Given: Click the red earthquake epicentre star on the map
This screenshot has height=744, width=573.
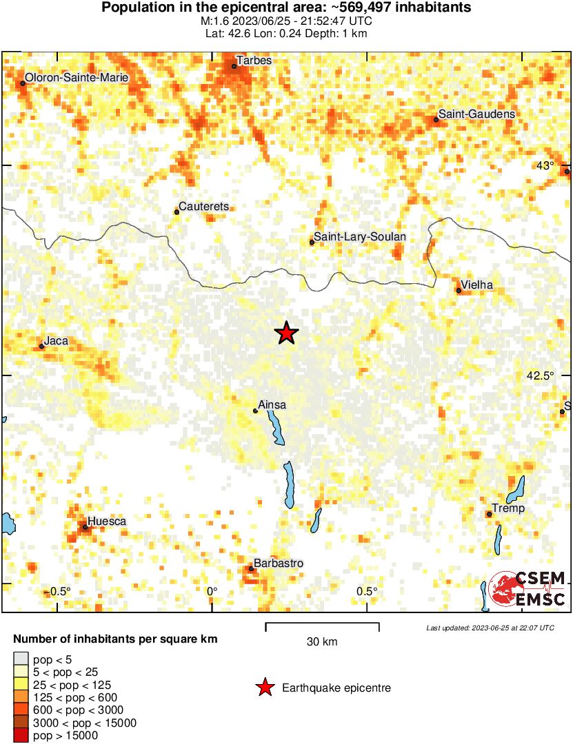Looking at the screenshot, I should [286, 333].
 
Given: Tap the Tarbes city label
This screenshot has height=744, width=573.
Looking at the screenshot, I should [254, 61].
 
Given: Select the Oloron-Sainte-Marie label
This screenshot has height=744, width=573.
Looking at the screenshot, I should [77, 78].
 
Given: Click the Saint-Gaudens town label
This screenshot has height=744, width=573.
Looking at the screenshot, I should [476, 114].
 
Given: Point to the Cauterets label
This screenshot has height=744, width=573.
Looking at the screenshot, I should [203, 206].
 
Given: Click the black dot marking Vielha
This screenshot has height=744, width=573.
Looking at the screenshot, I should [459, 291].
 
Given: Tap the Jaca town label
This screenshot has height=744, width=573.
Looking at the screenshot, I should [56, 340].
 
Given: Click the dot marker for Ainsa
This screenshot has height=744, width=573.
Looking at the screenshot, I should [255, 411].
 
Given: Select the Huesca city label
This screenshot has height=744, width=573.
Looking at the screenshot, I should [108, 521].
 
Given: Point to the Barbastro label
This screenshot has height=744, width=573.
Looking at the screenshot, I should [279, 563].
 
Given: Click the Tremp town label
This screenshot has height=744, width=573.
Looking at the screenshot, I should [509, 508].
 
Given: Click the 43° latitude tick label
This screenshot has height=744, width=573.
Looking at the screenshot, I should [545, 165].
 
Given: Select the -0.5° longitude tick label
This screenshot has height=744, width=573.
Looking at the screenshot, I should [61, 591].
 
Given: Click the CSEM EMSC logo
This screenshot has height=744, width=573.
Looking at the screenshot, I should [527, 589].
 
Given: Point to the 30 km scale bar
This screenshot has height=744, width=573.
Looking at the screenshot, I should [322, 626].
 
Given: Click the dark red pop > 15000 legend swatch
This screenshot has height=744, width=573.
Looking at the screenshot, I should [21, 735].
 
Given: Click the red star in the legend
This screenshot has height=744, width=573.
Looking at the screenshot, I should [263, 688].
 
